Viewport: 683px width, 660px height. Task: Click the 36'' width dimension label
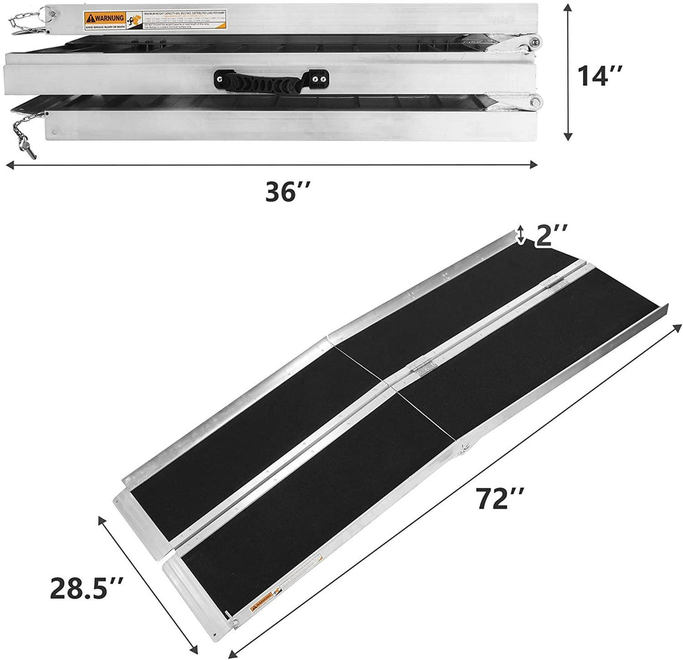coord(287,192)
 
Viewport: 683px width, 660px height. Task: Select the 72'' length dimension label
coord(501,499)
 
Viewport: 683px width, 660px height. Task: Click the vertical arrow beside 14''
coord(566,71)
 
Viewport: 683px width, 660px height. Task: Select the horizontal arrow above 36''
coord(271,165)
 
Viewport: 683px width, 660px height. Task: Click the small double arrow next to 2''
coord(521,235)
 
